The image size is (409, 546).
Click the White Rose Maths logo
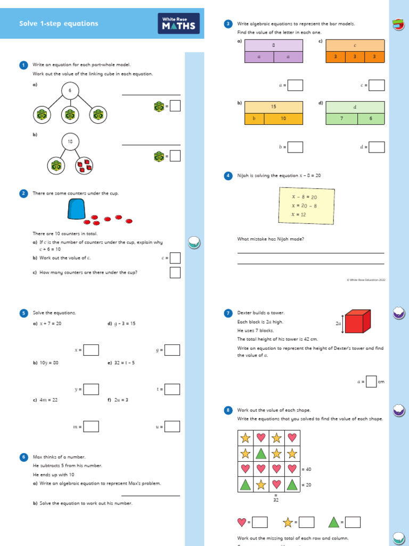click(x=179, y=23)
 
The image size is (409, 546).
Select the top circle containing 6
click(x=70, y=91)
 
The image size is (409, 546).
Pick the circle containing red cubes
click(x=84, y=166)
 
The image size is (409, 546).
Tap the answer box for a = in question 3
click(x=295, y=85)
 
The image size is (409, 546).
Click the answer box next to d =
click(x=377, y=147)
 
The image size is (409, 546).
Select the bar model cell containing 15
click(x=274, y=107)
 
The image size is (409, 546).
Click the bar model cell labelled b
click(x=254, y=118)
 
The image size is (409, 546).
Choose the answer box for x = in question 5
click(x=91, y=350)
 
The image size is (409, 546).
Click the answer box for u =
click(x=172, y=427)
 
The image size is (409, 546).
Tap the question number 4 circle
click(x=228, y=175)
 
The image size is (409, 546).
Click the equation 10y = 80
click(x=49, y=363)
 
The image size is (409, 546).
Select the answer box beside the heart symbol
click(x=259, y=522)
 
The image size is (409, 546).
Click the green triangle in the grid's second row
click(x=261, y=454)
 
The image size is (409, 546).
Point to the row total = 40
click(x=306, y=469)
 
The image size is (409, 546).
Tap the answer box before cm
click(x=371, y=382)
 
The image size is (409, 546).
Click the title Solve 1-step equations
click(x=59, y=23)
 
